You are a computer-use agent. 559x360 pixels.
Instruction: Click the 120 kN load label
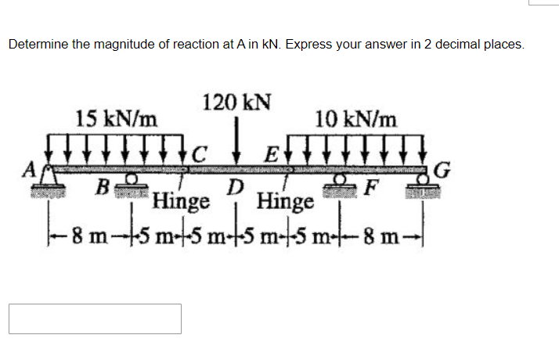coord(236,103)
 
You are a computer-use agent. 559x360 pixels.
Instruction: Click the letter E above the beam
coord(271,153)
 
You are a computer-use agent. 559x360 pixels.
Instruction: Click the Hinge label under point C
coord(181,202)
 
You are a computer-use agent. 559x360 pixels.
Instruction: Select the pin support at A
coord(49,185)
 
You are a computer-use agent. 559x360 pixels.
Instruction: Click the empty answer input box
coord(95,319)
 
